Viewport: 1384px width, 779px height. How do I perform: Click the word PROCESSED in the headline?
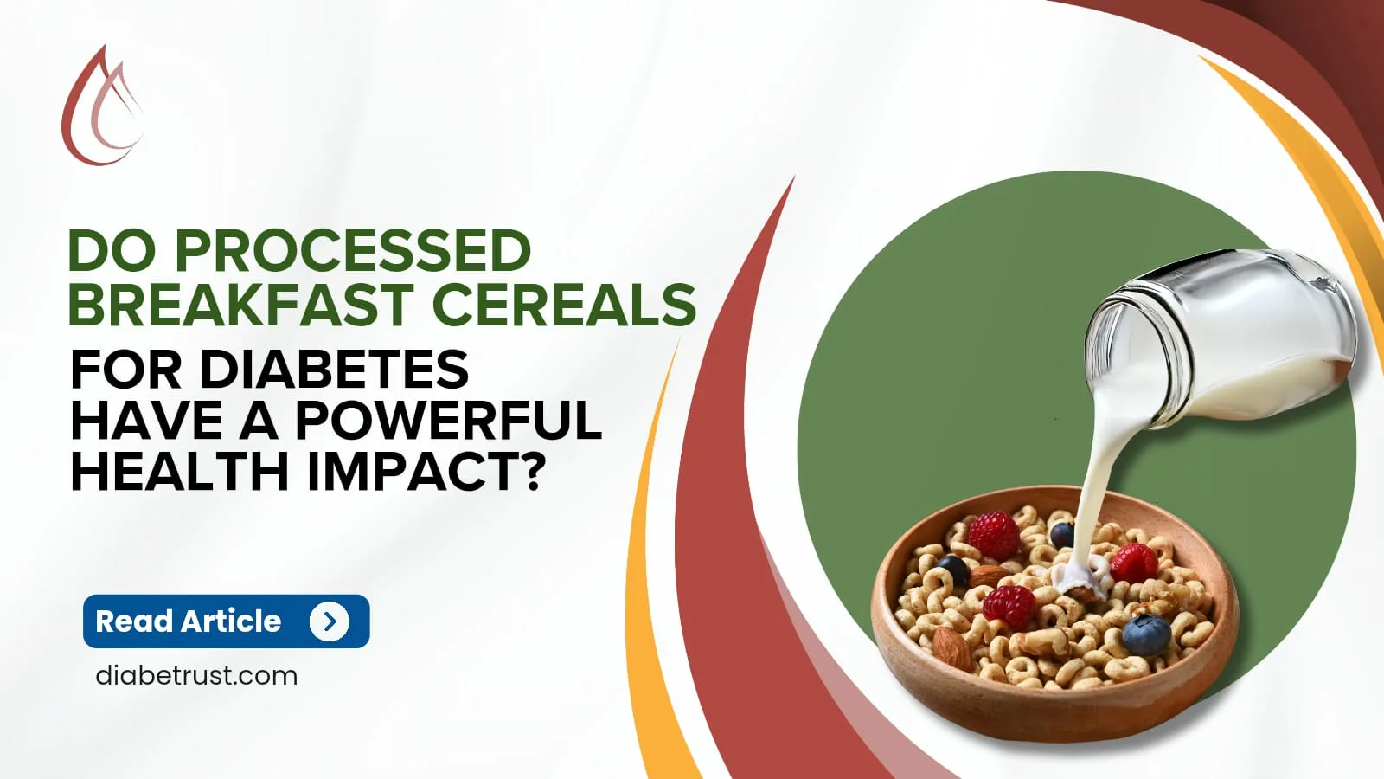(353, 251)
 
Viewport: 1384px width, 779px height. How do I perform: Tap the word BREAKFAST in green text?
(240, 305)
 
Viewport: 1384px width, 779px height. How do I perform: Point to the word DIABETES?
(334, 370)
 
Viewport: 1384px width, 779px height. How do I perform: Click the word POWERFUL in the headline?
(448, 422)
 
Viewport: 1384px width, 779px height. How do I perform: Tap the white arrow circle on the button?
(329, 621)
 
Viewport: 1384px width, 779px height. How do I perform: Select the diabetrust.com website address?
(196, 675)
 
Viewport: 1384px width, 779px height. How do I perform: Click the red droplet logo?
(101, 108)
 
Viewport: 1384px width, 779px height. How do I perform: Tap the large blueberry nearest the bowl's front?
(1146, 634)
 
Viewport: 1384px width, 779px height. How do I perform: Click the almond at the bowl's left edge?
(951, 648)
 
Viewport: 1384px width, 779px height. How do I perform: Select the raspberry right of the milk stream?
(1133, 563)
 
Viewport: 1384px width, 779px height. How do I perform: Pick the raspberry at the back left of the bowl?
(994, 534)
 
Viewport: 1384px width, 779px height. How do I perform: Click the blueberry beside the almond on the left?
(952, 569)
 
